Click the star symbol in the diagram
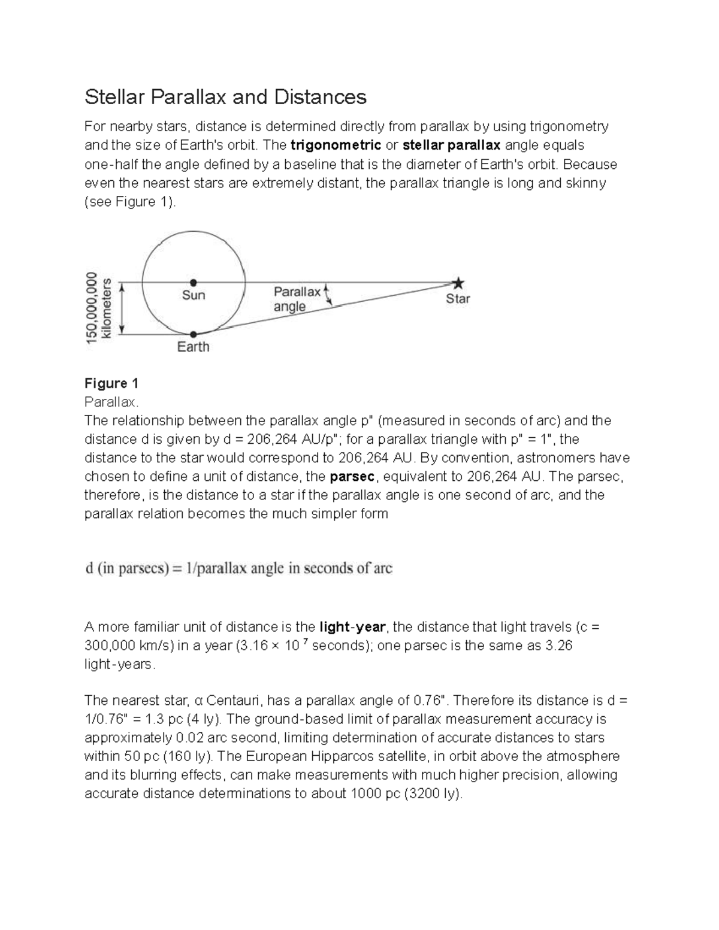(458, 283)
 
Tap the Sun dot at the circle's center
(194, 283)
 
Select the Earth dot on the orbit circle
(194, 335)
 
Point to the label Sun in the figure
(194, 295)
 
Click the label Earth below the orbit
(194, 347)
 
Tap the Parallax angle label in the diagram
(297, 299)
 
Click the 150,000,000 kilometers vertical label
(99, 308)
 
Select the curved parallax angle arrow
(327, 295)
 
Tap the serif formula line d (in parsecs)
(238, 568)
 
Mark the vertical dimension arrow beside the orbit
(122, 308)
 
